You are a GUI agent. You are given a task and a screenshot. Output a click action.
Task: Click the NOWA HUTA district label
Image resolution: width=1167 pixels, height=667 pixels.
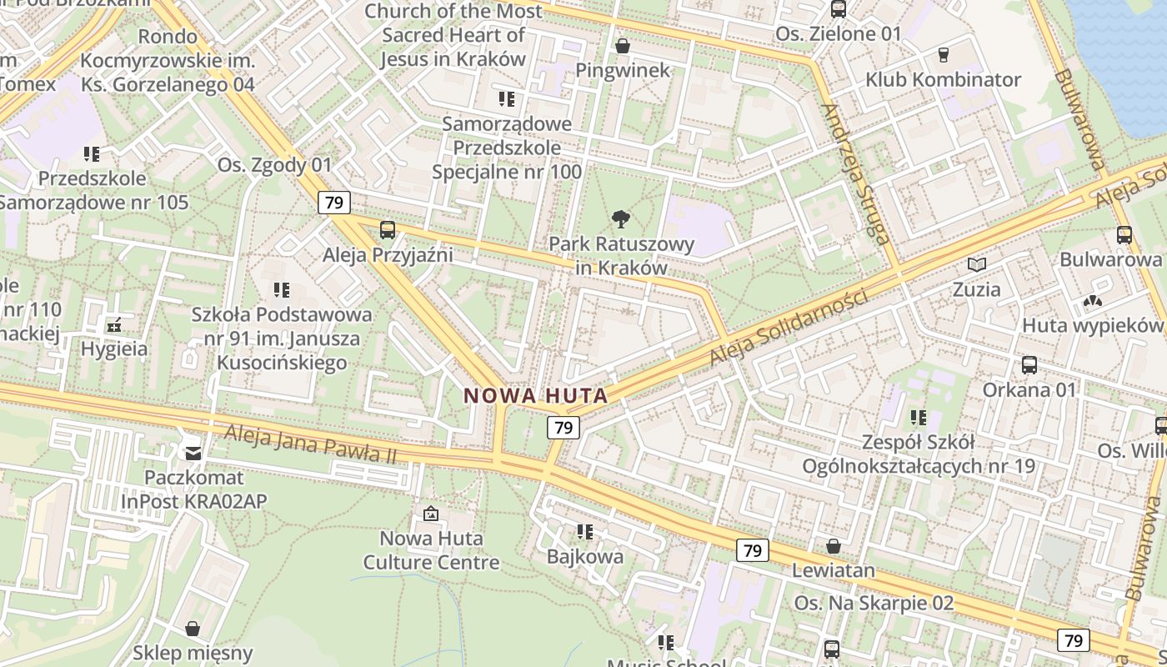pyautogui.click(x=535, y=395)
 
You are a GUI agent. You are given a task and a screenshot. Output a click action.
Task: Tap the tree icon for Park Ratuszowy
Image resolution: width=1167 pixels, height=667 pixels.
pyautogui.click(x=620, y=220)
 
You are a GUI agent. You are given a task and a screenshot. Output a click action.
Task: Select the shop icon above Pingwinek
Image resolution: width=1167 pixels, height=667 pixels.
pyautogui.click(x=622, y=46)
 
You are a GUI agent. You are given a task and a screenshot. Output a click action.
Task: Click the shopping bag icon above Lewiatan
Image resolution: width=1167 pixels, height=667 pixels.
pyautogui.click(x=833, y=546)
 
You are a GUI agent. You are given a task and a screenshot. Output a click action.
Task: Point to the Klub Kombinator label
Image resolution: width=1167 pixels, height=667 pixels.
pyautogui.click(x=943, y=80)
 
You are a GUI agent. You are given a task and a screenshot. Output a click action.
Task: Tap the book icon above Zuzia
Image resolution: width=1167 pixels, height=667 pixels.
pyautogui.click(x=976, y=265)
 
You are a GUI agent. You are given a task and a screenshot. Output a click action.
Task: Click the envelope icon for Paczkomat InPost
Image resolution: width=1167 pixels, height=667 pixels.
pyautogui.click(x=193, y=453)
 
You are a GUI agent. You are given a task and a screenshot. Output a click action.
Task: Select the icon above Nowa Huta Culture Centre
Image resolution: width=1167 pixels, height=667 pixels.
pyautogui.click(x=431, y=514)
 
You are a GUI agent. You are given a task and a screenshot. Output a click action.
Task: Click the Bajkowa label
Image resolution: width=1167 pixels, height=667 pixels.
pyautogui.click(x=585, y=556)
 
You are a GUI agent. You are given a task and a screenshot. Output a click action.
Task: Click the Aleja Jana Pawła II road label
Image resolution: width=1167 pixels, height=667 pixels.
pyautogui.click(x=310, y=444)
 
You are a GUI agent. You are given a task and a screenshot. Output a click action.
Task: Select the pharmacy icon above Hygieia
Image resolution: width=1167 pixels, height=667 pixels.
pyautogui.click(x=114, y=324)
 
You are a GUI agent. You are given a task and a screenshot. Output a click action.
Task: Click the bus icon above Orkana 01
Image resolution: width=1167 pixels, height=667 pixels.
pyautogui.click(x=1029, y=365)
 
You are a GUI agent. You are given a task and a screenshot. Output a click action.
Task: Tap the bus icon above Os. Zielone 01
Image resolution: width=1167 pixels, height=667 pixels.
pyautogui.click(x=838, y=10)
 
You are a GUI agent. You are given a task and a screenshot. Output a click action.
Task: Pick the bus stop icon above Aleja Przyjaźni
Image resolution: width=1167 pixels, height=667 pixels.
pyautogui.click(x=387, y=230)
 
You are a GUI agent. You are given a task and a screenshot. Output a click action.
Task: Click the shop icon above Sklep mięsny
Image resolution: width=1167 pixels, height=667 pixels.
pyautogui.click(x=193, y=628)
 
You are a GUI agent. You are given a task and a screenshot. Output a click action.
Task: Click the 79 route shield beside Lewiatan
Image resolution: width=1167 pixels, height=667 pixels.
pyautogui.click(x=752, y=550)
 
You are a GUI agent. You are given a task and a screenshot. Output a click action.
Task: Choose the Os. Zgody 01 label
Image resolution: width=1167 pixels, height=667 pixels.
pyautogui.click(x=274, y=164)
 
